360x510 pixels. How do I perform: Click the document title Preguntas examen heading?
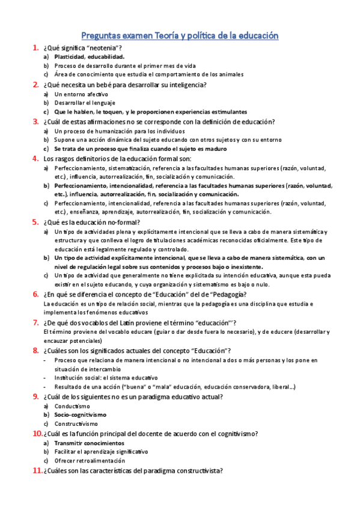tap(180, 36)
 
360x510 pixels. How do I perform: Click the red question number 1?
tap(36, 48)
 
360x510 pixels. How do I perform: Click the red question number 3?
tap(36, 121)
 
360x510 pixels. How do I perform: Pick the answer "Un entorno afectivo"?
tap(81, 94)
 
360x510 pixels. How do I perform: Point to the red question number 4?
tap(36, 159)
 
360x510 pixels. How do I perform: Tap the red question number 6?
tap(36, 294)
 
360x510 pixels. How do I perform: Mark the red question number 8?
tap(36, 351)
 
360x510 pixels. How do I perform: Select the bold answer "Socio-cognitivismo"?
tap(80, 415)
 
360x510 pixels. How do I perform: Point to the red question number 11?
tap(36, 471)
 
